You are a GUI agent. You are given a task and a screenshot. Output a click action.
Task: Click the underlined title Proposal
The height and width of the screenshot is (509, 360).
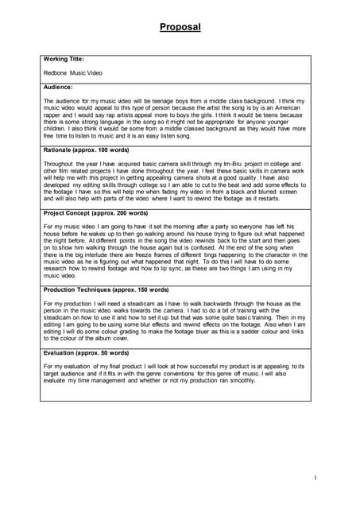tap(180, 27)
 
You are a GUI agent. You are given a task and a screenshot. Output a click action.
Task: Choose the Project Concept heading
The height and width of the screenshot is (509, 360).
tap(95, 213)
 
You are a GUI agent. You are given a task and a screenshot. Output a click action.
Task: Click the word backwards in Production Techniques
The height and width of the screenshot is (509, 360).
tap(234, 304)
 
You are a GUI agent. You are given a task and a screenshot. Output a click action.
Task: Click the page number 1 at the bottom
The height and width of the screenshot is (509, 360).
tap(315, 477)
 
